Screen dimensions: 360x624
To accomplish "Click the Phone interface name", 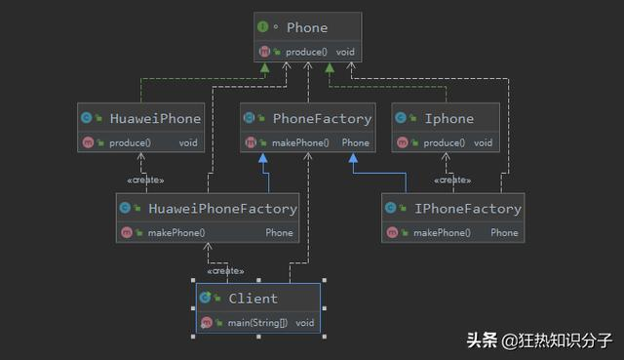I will (x=307, y=28).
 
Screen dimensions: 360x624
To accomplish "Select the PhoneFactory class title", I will (x=322, y=119).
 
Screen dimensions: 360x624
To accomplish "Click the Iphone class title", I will (x=448, y=119).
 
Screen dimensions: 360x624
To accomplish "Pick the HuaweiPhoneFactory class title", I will (x=222, y=209).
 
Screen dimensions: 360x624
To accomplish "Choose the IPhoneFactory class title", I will (x=467, y=209).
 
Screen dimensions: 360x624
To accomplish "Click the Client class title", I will (x=252, y=299).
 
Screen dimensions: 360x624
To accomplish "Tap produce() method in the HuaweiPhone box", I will (x=129, y=142).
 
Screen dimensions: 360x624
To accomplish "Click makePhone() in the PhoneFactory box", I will (x=297, y=142).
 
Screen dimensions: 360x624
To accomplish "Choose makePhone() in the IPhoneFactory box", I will (x=442, y=232).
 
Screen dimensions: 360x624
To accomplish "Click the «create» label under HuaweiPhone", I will (x=145, y=180).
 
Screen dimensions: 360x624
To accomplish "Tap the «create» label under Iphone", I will (x=451, y=180).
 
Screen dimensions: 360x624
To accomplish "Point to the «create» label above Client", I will (x=225, y=271).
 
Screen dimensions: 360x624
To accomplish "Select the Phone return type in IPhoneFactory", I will (x=504, y=232).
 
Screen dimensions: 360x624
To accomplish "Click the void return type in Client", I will (x=305, y=322).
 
